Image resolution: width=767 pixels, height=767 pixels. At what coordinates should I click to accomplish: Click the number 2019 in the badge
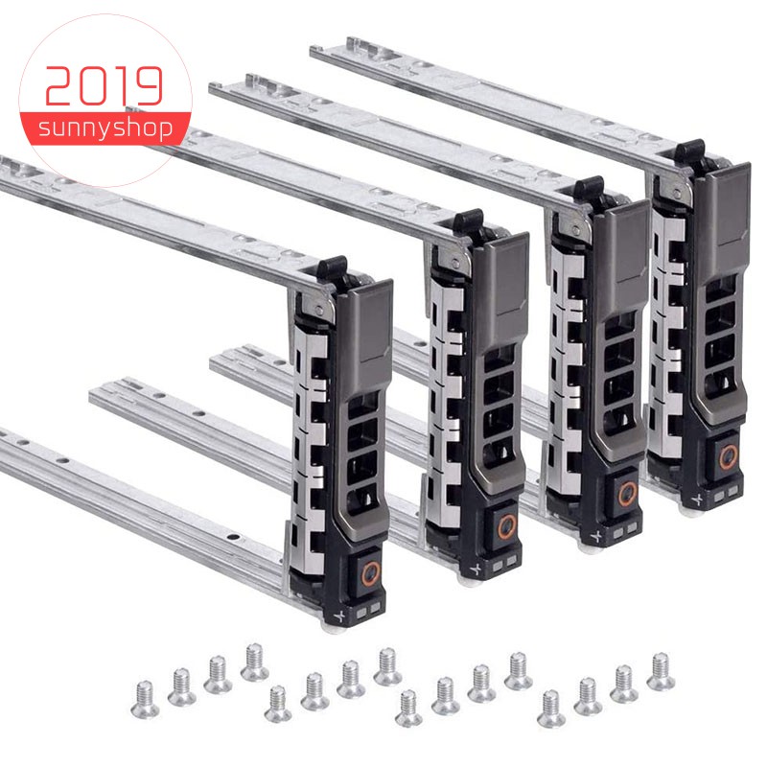105,87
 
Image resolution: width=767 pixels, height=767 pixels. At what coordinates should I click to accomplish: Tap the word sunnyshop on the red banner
105,129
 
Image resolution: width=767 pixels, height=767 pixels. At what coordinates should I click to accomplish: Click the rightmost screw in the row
660,670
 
